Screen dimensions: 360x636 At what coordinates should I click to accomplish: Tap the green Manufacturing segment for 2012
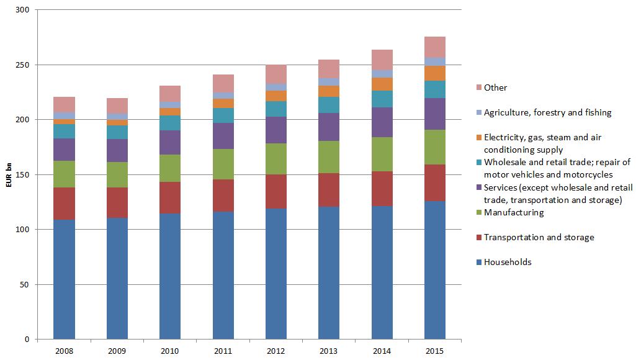(276, 159)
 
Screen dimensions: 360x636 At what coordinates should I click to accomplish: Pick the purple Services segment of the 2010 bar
(170, 142)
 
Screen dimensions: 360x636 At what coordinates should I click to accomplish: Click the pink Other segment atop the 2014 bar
(382, 60)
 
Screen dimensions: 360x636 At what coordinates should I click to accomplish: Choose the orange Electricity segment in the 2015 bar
(435, 73)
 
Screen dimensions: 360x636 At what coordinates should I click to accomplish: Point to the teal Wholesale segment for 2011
(223, 115)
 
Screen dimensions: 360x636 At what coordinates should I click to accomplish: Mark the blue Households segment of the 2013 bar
(329, 273)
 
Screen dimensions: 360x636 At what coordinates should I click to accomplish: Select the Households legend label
(508, 262)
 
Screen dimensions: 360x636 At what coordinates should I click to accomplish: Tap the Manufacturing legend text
(514, 212)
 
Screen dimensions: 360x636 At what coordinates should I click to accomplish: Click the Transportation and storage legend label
(539, 237)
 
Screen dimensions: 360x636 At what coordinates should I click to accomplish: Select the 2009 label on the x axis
(117, 351)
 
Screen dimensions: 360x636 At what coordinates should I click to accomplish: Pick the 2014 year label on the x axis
(382, 351)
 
